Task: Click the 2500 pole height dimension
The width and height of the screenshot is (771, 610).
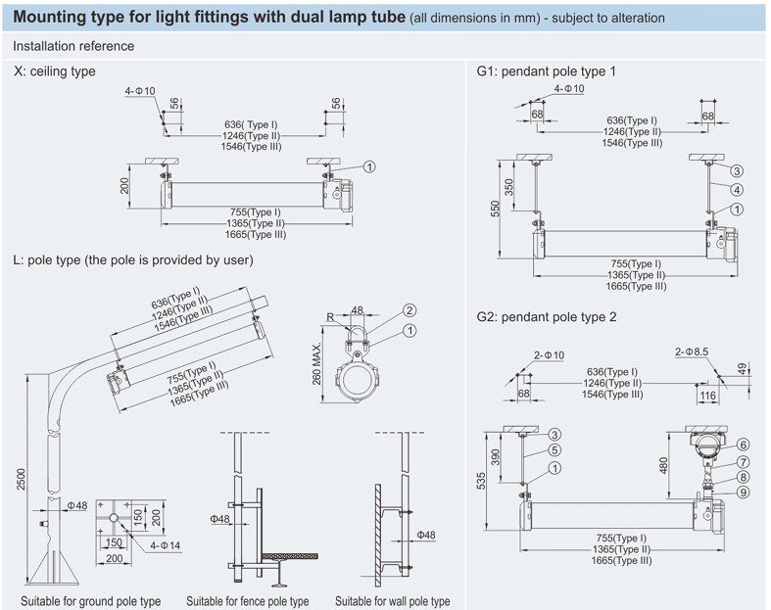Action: click(21, 478)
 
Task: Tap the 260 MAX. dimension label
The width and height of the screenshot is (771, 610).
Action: click(316, 363)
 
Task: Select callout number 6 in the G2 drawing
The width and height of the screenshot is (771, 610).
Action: click(743, 445)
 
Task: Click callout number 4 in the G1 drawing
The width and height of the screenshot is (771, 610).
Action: click(736, 190)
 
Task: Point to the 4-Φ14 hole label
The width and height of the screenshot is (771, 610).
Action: click(166, 545)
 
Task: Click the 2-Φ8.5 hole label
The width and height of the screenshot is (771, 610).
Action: click(692, 352)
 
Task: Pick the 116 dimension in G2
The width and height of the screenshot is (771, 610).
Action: click(707, 396)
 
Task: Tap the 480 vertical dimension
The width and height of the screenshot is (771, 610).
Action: click(663, 465)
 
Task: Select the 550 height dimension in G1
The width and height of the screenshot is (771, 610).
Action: click(495, 209)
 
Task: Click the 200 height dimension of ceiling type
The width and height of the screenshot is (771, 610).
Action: click(124, 185)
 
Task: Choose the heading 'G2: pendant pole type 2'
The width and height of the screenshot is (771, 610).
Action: click(547, 317)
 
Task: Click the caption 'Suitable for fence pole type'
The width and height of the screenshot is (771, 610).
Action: click(247, 601)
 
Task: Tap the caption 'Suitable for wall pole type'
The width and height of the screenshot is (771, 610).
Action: click(393, 601)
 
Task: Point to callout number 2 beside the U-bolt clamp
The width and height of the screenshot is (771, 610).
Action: click(410, 310)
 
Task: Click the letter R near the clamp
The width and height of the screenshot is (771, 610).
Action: click(330, 317)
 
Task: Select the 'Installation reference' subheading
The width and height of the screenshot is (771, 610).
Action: click(73, 46)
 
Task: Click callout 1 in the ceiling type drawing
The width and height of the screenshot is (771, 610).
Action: click(369, 167)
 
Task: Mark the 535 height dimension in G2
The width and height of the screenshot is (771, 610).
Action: click(481, 481)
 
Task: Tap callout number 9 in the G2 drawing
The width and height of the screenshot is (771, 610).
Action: click(743, 493)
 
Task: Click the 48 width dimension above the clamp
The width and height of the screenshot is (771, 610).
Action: click(357, 310)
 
